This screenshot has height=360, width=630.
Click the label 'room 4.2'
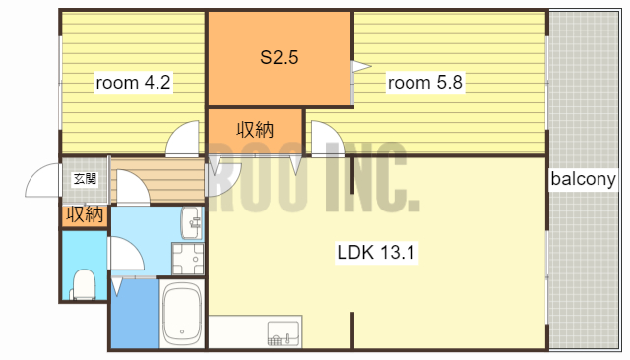coord(133,83)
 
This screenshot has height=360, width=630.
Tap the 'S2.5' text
coord(279,57)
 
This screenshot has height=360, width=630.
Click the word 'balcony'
coord(583,179)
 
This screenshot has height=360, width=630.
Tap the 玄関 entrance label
coord(85,179)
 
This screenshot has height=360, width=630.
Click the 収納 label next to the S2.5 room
coord(255,129)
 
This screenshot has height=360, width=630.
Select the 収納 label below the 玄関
coord(85,213)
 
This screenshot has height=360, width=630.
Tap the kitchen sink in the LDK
coord(283,333)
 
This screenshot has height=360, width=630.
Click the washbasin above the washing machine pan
coord(191,224)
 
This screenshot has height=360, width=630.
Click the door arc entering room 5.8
coord(326,137)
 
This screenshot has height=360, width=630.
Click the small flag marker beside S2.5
coord(360,67)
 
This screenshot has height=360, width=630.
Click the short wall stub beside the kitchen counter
coord(352,329)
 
